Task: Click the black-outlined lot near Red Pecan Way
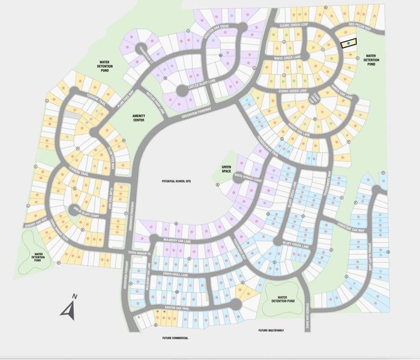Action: [348, 43]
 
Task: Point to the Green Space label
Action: [227, 170]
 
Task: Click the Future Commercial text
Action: [175, 338]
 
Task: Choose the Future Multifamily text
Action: [271, 331]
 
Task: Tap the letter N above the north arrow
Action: [74, 296]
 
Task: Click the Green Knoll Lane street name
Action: [180, 274]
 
